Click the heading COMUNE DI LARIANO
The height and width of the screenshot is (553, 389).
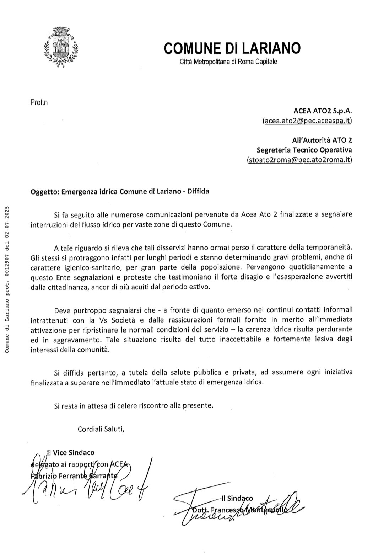(x=232, y=48)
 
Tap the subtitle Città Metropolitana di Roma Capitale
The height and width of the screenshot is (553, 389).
(x=228, y=62)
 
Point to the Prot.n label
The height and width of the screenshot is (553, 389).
(x=39, y=103)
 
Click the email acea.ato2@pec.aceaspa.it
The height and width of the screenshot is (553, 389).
(x=307, y=121)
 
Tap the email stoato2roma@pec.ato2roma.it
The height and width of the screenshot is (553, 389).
(x=299, y=160)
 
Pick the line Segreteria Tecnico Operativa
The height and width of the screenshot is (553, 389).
(x=304, y=150)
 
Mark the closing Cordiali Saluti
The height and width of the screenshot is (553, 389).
(x=101, y=429)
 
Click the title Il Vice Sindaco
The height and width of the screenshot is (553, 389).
(x=71, y=453)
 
